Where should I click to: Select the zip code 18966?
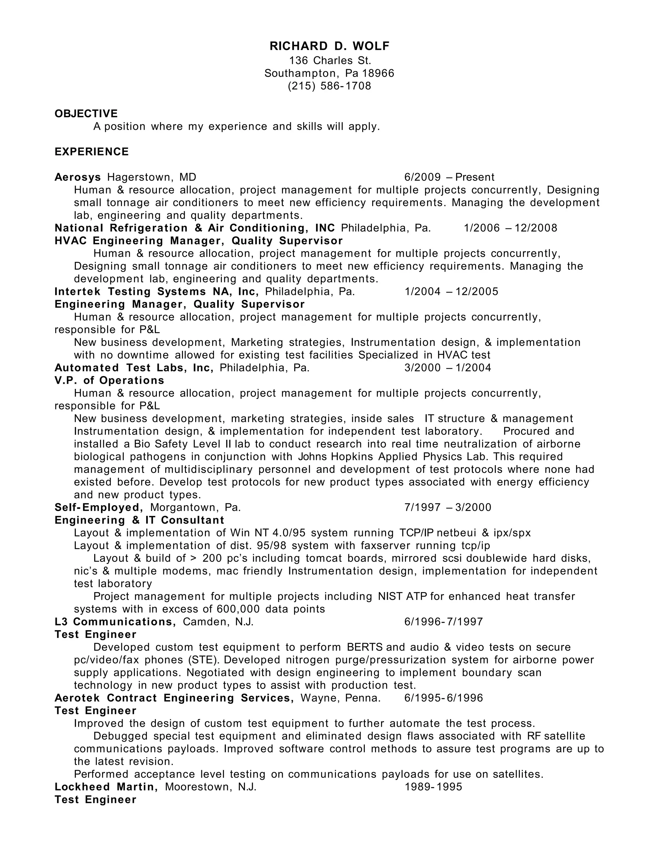378,73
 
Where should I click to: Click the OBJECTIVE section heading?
86,114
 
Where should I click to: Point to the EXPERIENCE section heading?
92,152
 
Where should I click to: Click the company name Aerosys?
78,177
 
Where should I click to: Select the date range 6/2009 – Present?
449,177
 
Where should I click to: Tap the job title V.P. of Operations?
110,381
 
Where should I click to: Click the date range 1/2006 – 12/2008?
510,228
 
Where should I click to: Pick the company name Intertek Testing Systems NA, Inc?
157,292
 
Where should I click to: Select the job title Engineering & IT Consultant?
139,520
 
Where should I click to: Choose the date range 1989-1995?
433,787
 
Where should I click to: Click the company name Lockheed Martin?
106,787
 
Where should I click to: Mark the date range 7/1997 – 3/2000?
448,507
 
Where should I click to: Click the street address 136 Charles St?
330,60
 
